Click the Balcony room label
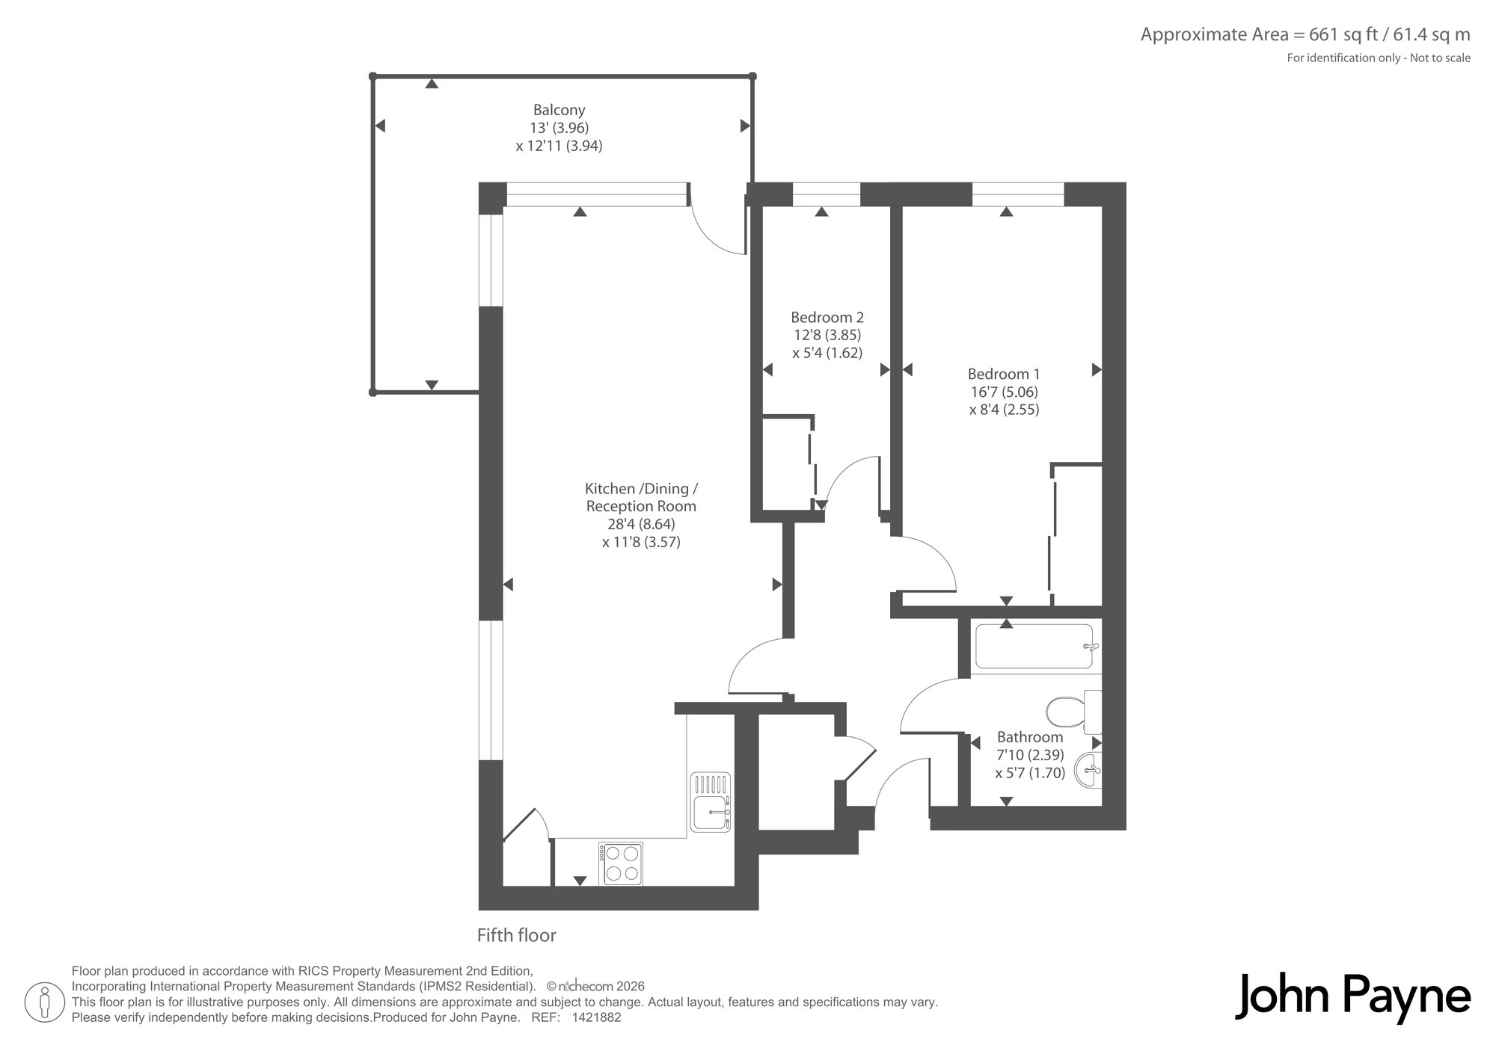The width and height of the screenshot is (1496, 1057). (559, 110)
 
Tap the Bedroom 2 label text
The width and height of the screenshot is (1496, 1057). (827, 318)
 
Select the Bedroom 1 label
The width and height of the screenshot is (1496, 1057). (1004, 374)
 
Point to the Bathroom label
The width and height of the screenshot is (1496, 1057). (1030, 737)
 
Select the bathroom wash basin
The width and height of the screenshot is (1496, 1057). (1088, 770)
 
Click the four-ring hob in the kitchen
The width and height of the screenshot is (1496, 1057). (621, 863)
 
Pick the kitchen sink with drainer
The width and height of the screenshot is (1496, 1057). (711, 801)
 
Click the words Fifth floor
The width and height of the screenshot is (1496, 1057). (517, 935)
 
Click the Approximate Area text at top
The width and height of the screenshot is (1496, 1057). (1305, 34)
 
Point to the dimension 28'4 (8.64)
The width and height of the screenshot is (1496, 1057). (641, 525)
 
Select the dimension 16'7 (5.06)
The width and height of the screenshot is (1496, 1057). (1004, 392)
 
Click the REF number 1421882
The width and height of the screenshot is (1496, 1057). (596, 1017)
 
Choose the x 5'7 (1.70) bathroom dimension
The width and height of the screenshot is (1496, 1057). (1030, 773)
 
